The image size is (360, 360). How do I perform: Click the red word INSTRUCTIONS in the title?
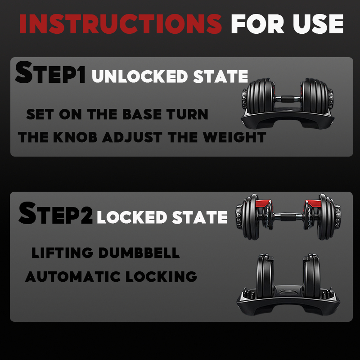pyautogui.click(x=121, y=24)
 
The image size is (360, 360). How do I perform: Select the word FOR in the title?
pyautogui.click(x=257, y=24)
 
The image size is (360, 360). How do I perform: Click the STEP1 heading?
pyautogui.click(x=50, y=72)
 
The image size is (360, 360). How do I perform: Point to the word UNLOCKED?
pyautogui.click(x=140, y=76)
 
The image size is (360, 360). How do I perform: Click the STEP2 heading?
pyautogui.click(x=55, y=213)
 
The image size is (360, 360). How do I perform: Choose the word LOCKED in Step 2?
pyautogui.click(x=132, y=217)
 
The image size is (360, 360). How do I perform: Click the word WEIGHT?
pyautogui.click(x=234, y=137)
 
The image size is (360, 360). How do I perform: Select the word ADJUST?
pyautogui.click(x=132, y=137)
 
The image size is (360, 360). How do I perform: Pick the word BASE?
pyautogui.click(x=142, y=114)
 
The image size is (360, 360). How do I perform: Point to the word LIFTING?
pyautogui.click(x=62, y=253)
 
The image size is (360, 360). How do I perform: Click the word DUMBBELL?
pyautogui.click(x=139, y=253)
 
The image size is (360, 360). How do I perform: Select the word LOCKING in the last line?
pyautogui.click(x=162, y=276)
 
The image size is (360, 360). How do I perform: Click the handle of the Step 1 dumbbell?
pyautogui.click(x=288, y=99)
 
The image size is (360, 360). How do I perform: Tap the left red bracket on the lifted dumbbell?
pyautogui.click(x=263, y=203)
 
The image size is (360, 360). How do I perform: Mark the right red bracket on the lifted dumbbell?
pyautogui.click(x=313, y=204)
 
